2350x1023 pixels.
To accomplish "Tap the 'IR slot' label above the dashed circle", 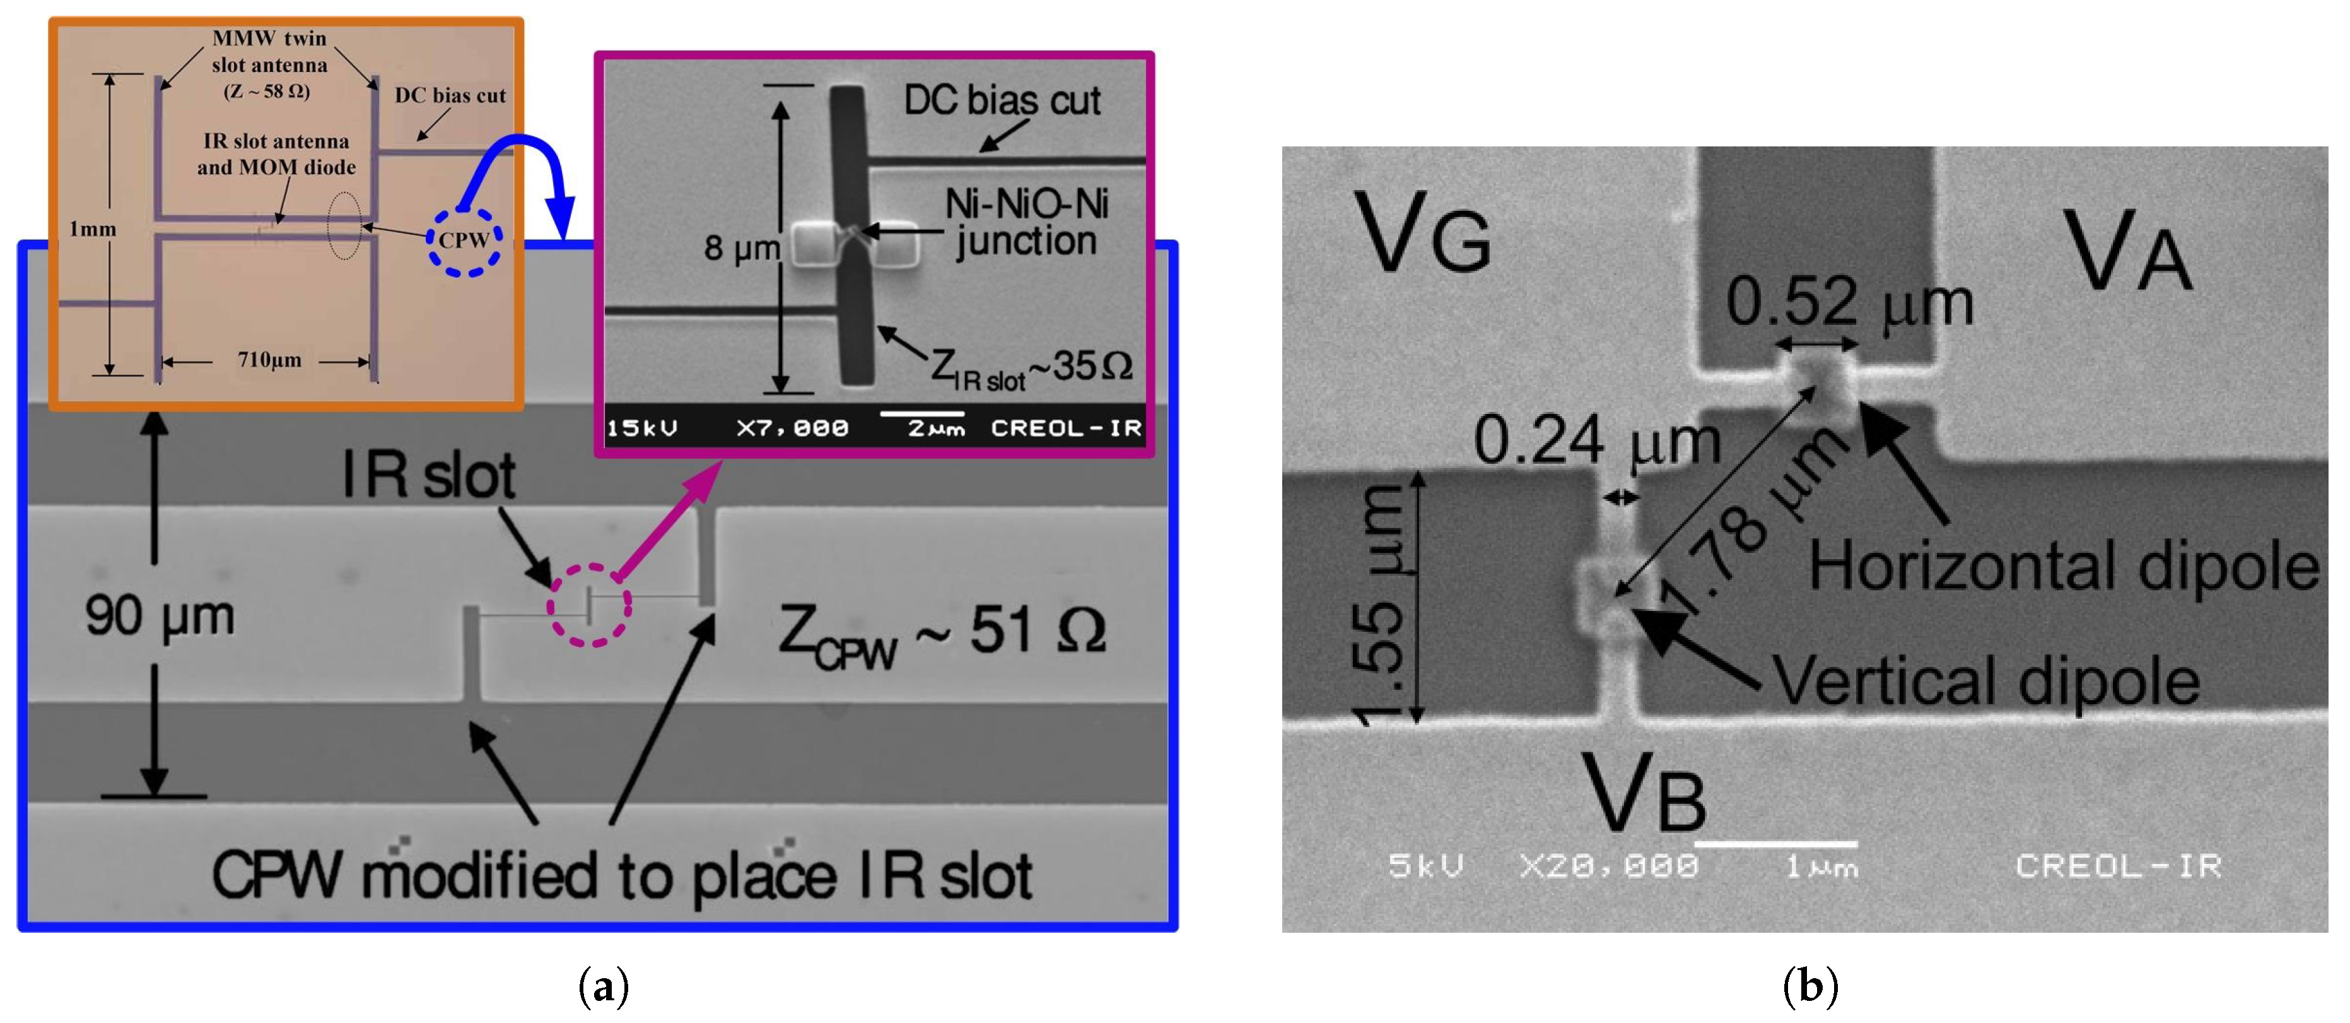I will click(x=429, y=475).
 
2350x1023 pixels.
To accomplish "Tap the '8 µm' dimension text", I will click(x=740, y=247).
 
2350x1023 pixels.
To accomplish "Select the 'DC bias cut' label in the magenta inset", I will click(x=1002, y=100).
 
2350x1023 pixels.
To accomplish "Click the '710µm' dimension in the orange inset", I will click(x=270, y=360).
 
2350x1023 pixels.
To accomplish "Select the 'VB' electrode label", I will click(x=1643, y=792).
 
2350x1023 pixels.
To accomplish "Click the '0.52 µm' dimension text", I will click(x=1849, y=303).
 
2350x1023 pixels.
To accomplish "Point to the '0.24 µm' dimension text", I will click(x=1596, y=441).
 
